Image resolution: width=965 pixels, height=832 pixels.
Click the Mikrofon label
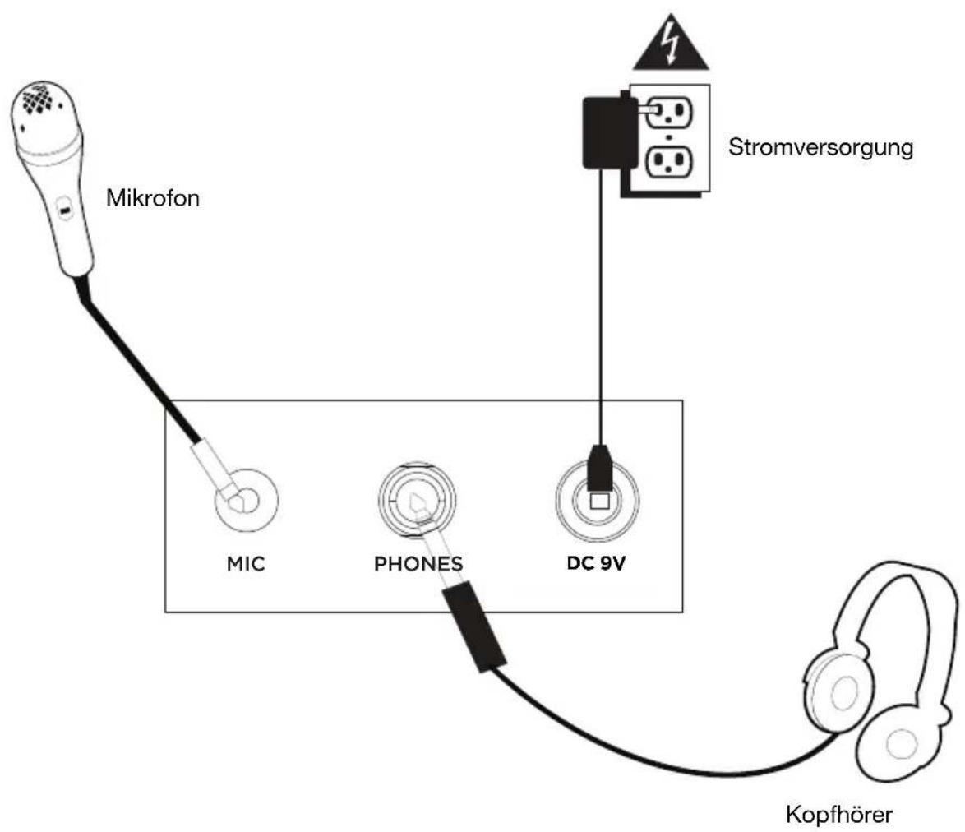tap(153, 198)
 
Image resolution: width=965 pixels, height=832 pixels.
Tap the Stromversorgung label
tap(820, 148)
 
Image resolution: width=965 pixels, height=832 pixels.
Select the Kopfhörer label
tap(839, 815)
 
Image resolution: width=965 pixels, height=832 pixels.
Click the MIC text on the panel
tap(246, 564)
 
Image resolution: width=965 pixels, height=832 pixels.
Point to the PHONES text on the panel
tap(418, 564)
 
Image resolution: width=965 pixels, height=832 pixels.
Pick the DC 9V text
tap(596, 563)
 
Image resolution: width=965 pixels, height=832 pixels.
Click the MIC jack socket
tap(247, 500)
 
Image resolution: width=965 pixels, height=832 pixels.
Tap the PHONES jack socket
tap(417, 500)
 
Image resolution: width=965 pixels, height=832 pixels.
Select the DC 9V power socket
tap(598, 500)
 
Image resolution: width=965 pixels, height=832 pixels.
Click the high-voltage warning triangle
tap(671, 43)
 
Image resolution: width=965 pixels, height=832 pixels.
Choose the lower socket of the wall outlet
tap(669, 161)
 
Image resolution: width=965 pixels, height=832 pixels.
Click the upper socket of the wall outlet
tap(669, 111)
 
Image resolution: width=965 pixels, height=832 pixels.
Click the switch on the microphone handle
tap(64, 210)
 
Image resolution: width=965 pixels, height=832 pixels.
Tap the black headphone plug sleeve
tap(474, 626)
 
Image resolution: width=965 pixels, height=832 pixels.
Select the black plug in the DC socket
tap(599, 468)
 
